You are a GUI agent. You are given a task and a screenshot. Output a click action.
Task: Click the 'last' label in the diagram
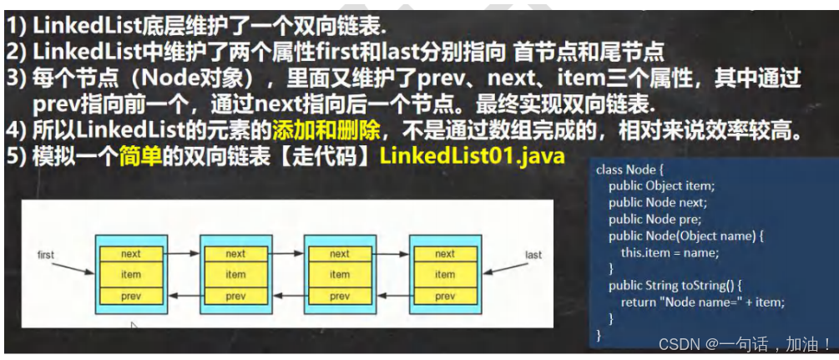pyautogui.click(x=533, y=254)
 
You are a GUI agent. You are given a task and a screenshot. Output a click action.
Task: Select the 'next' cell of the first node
pyautogui.click(x=131, y=254)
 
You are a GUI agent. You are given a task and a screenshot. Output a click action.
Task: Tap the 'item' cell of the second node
pyautogui.click(x=235, y=274)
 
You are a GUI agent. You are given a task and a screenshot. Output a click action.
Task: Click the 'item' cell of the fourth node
pyautogui.click(x=445, y=274)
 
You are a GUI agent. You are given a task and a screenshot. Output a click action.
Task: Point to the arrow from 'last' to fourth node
pyautogui.click(x=505, y=269)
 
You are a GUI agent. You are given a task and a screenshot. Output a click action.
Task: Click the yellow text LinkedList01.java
pyautogui.click(x=472, y=155)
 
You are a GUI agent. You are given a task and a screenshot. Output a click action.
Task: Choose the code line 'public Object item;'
pyautogui.click(x=661, y=186)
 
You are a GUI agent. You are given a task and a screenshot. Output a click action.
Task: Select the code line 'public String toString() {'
pyautogui.click(x=677, y=286)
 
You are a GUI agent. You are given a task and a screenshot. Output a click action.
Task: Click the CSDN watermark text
pyautogui.click(x=744, y=343)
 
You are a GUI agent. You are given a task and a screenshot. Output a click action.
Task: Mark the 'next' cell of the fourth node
pyautogui.click(x=445, y=254)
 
